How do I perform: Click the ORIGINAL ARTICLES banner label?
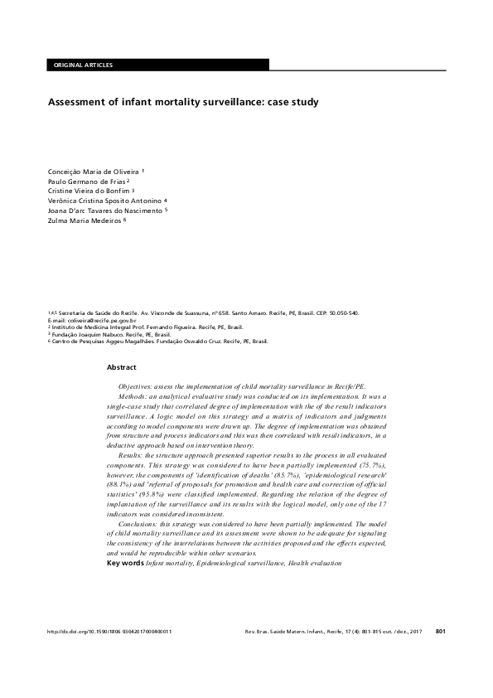point(83,65)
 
